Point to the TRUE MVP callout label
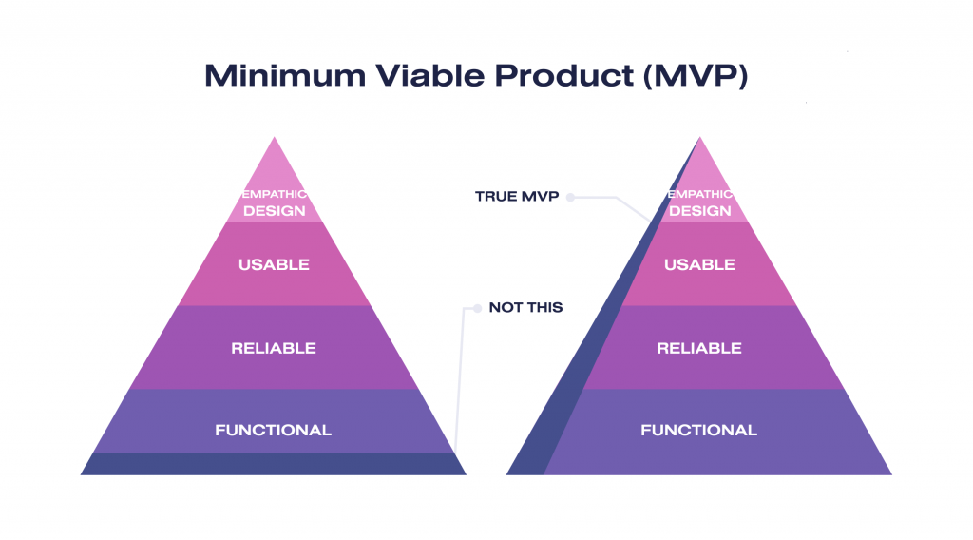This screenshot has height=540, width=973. tap(516, 197)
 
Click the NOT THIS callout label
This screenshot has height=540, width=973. tap(525, 307)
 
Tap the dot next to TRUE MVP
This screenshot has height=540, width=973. tap(570, 197)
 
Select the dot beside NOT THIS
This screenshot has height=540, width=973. tap(477, 308)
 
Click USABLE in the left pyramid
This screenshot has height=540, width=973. tap(274, 264)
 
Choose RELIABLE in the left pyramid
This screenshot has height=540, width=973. tap(274, 348)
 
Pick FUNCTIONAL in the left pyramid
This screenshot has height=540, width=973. tap(274, 431)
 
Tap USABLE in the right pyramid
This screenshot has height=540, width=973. tap(699, 264)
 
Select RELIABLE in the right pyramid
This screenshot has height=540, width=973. tap(699, 348)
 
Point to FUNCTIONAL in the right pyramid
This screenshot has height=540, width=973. tap(699, 431)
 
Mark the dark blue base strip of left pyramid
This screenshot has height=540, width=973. tap(274, 464)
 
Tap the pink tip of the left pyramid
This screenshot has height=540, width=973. tap(274, 166)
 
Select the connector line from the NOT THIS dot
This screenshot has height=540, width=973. tap(461, 380)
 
